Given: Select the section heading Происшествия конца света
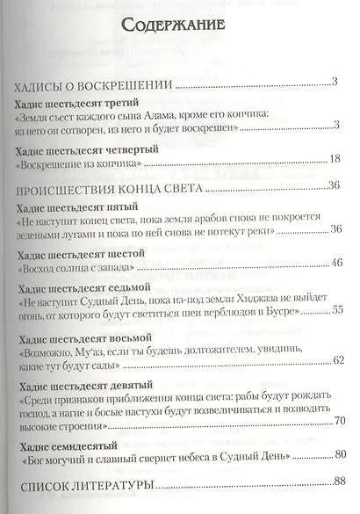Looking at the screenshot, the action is [x=106, y=187].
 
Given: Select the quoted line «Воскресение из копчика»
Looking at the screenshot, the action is [x=84, y=161].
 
